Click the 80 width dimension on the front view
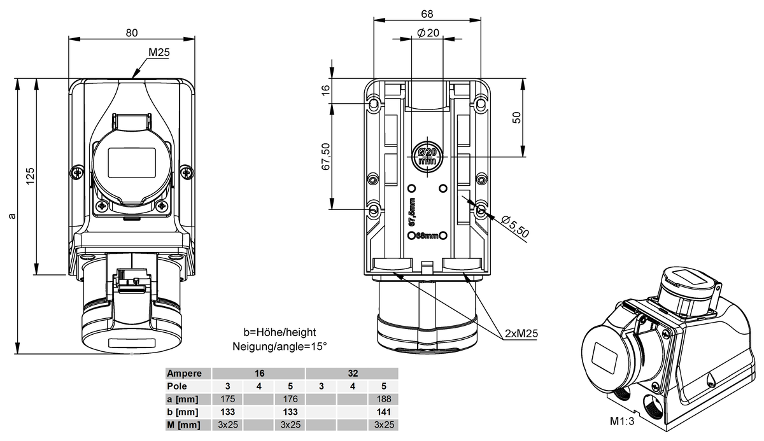pyautogui.click(x=132, y=32)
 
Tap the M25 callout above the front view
pyautogui.click(x=159, y=52)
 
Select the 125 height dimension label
pyautogui.click(x=31, y=176)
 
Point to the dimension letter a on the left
pyautogui.click(x=12, y=216)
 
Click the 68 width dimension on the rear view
pyautogui.click(x=427, y=14)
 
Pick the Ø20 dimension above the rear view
pyautogui.click(x=428, y=32)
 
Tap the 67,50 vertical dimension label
pyautogui.click(x=326, y=157)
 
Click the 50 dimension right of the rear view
pyautogui.click(x=517, y=118)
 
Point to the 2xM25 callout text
pyautogui.click(x=521, y=333)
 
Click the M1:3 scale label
pyautogui.click(x=622, y=421)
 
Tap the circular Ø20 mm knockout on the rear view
pyautogui.click(x=427, y=157)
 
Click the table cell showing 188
pyautogui.click(x=384, y=399)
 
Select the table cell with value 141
pyautogui.click(x=384, y=412)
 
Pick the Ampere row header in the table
pyautogui.click(x=184, y=374)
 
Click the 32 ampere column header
pyautogui.click(x=353, y=374)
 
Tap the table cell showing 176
pyautogui.click(x=290, y=399)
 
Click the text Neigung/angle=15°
pyautogui.click(x=279, y=347)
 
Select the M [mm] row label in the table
pyautogui.click(x=183, y=424)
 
